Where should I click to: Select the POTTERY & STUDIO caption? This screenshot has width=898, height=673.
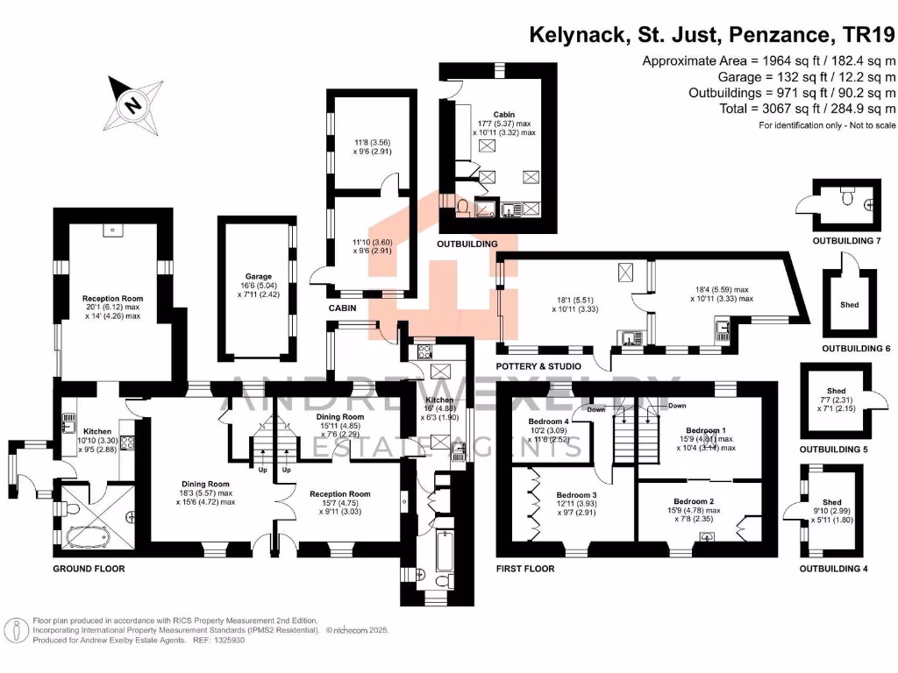[x=538, y=365]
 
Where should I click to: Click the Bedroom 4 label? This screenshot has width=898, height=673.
[x=549, y=421]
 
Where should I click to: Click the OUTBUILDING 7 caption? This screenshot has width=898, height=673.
[x=846, y=241]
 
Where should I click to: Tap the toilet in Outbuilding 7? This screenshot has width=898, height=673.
[x=846, y=198]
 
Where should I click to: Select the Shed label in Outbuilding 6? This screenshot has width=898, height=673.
[x=849, y=305]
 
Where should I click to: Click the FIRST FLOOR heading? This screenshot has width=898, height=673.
[x=525, y=569]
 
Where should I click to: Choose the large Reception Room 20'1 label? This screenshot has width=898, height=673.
[x=112, y=299]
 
